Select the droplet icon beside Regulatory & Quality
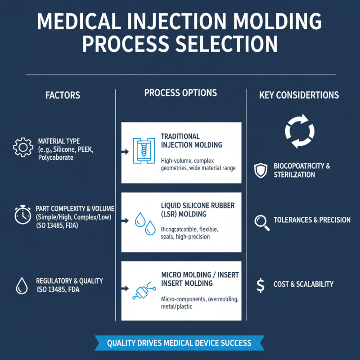[x=21, y=285]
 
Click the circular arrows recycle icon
[x=297, y=131]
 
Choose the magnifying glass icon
[x=261, y=222]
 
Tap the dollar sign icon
[x=260, y=284]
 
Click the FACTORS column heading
[x=63, y=95]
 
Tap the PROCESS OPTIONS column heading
[x=180, y=93]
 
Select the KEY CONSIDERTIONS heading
[x=299, y=95]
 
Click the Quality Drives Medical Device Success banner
[x=179, y=343]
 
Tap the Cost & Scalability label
[x=303, y=284]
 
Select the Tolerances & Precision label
[x=312, y=220]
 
